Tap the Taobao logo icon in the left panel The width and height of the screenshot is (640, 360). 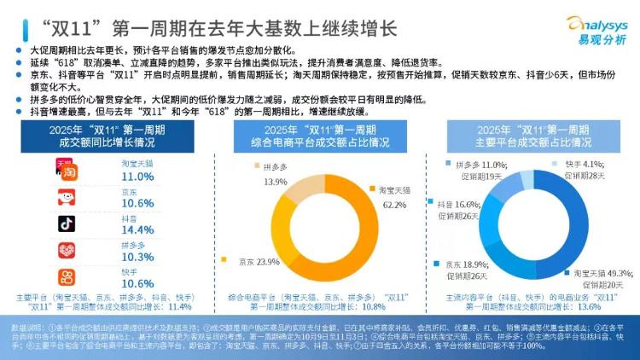click(67, 170)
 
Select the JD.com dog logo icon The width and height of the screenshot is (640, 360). click(67, 198)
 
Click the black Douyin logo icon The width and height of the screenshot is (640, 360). click(67, 224)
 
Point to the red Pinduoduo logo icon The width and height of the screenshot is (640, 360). click(67, 251)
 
